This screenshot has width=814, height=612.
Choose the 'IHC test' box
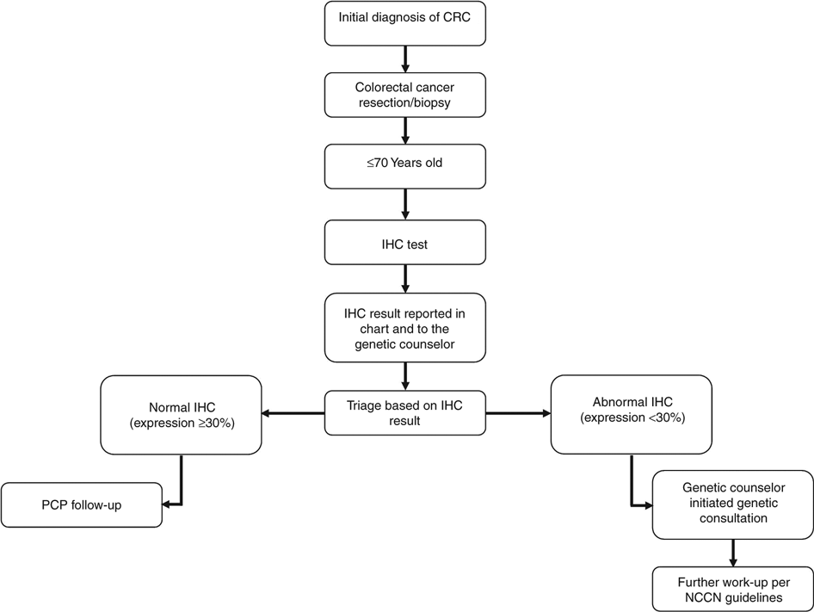pos(404,245)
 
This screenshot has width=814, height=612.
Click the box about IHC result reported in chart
pos(404,326)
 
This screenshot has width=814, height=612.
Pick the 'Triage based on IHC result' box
pos(404,413)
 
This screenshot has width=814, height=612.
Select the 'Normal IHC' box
pos(181,414)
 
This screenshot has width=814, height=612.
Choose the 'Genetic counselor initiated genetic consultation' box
pos(732,505)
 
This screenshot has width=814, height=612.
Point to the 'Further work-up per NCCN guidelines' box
pos(732,587)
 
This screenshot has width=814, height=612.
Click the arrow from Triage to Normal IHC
pos(293,414)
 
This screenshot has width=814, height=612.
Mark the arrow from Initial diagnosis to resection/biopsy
pos(404,59)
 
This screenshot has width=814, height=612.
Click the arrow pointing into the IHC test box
pos(404,207)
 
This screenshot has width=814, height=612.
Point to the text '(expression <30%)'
pos(632,419)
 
